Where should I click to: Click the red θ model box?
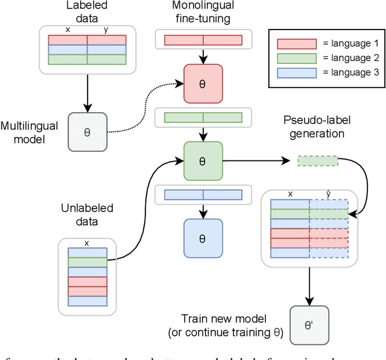pos(203,84)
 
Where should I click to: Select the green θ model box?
pos(203,161)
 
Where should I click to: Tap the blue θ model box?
pos(203,238)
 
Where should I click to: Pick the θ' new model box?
pos(309,326)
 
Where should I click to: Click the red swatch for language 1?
pos(296,44)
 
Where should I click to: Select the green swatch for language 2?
pos(296,58)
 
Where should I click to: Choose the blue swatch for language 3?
pos(296,73)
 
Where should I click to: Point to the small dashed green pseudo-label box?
pos(318,161)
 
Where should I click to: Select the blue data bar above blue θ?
pos(203,194)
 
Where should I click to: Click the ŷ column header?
pos(328,194)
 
